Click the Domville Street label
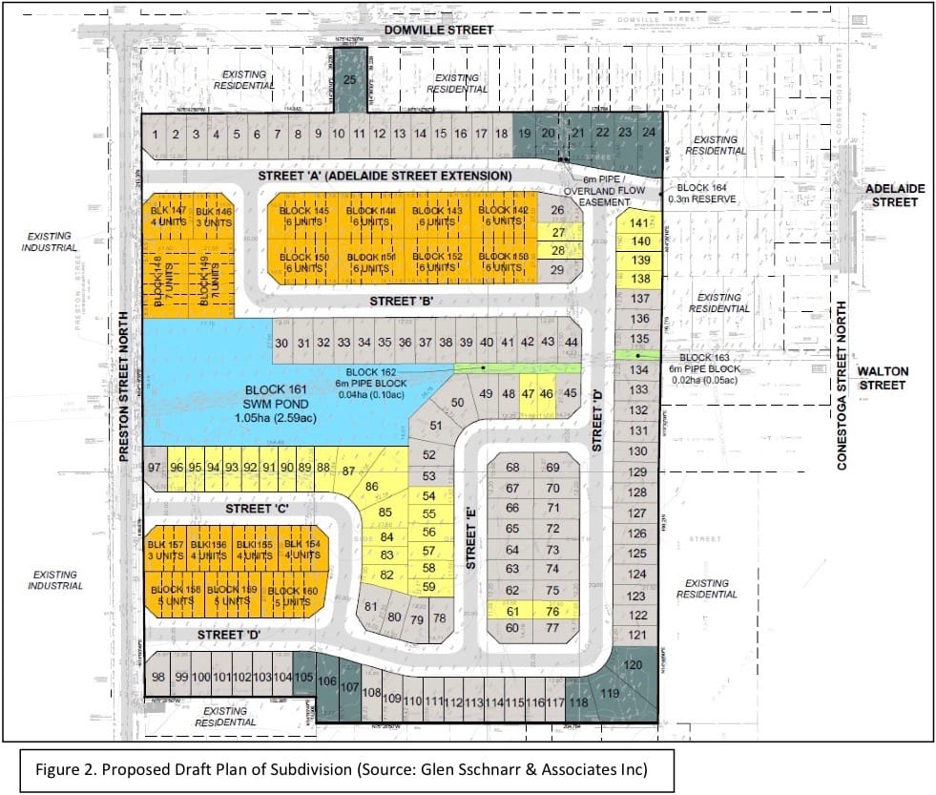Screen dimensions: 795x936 point(439,31)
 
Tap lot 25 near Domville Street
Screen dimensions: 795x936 point(348,80)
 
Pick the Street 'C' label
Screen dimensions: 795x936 point(257,509)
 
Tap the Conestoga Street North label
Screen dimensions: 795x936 point(842,386)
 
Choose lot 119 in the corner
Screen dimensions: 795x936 point(610,696)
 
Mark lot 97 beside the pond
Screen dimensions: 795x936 point(156,468)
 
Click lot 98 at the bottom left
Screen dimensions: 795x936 point(158,677)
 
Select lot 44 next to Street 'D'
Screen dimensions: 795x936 point(572,343)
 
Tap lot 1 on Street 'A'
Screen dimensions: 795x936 point(156,135)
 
